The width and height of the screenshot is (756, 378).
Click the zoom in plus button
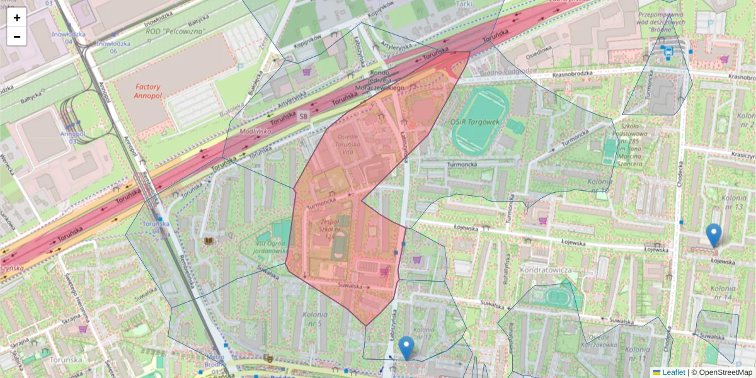click(16, 17)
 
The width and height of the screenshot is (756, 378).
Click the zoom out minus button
click(16, 36)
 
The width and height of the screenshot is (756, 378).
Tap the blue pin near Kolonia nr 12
click(407, 347)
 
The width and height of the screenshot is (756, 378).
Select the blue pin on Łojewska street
click(714, 235)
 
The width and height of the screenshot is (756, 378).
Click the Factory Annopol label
click(147, 92)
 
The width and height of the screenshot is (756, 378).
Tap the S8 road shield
click(304, 117)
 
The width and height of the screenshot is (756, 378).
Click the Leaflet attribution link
click(673, 372)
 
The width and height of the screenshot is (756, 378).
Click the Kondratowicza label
click(546, 270)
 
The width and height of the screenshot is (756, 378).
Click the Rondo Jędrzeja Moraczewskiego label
click(395, 80)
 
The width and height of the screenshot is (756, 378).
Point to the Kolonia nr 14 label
click(723, 292)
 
